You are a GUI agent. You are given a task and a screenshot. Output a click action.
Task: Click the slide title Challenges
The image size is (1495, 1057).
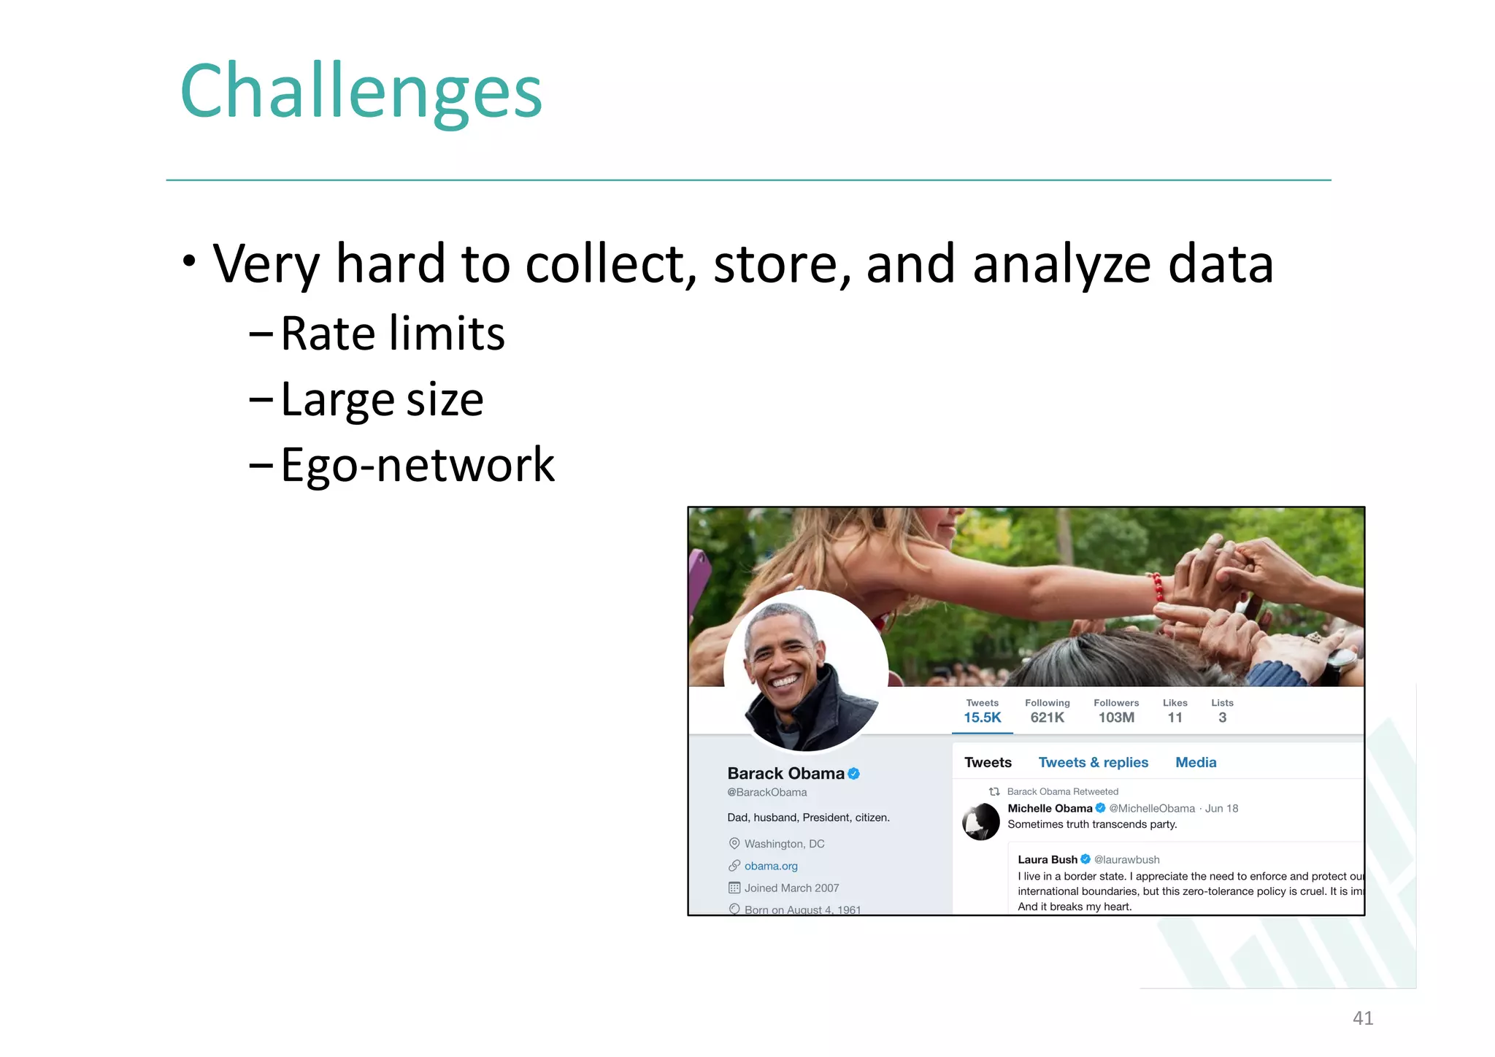[361, 92]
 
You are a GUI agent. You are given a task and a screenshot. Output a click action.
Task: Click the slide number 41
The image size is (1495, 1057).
[1362, 1018]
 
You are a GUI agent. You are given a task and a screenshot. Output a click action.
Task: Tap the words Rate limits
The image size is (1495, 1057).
[392, 334]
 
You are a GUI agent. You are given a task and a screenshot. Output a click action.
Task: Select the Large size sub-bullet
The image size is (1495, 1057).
[381, 399]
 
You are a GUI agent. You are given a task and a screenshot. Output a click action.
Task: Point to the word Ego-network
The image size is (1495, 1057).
[417, 465]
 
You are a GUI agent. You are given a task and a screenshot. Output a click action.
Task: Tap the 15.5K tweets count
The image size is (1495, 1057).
[982, 718]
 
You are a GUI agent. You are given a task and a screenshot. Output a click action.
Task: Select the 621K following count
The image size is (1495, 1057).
[1047, 718]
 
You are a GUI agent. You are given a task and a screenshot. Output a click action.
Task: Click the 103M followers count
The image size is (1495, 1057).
[1115, 718]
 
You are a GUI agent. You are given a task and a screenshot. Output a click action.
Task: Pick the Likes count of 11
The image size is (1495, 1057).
[1175, 718]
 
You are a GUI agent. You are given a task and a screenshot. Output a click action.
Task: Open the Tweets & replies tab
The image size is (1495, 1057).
[1093, 762]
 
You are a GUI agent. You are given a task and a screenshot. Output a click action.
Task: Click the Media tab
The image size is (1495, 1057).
[1195, 762]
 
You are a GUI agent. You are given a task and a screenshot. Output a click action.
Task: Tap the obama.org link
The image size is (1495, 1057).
[771, 866]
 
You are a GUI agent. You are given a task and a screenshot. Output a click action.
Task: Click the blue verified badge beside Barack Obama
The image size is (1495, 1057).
[853, 774]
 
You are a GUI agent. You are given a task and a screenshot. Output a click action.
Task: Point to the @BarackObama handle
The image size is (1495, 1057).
[766, 792]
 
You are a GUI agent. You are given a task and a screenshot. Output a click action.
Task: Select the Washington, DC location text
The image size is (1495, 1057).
[784, 844]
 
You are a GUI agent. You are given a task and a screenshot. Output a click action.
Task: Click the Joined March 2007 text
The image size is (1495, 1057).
[791, 888]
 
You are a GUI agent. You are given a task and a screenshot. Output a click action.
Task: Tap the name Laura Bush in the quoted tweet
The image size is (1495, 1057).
[1047, 859]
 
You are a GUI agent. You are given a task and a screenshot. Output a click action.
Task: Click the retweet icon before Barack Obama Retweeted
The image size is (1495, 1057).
[994, 791]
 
